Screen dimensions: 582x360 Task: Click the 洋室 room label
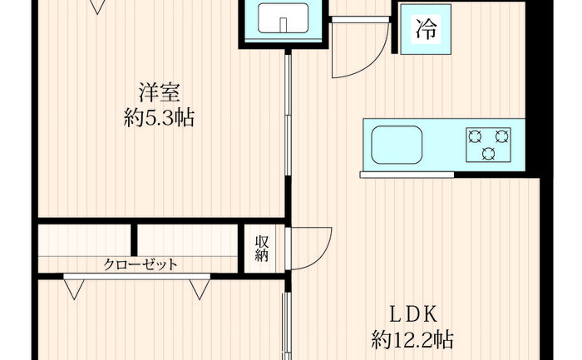tap(160, 93)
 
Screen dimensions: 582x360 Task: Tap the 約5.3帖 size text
tap(159, 118)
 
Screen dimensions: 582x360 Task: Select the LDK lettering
tap(413, 315)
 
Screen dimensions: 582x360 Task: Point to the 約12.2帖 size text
tap(412, 339)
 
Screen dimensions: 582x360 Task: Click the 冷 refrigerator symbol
tap(426, 29)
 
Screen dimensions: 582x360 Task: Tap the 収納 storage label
tap(261, 249)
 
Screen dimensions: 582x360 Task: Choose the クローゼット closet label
tap(141, 264)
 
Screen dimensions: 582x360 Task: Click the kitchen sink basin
tap(397, 145)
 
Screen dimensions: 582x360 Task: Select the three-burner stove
tap(489, 145)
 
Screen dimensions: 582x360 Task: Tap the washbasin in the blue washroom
tap(284, 17)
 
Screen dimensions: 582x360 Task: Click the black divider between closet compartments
tap(135, 239)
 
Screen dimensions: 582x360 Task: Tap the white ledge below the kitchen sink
tap(407, 175)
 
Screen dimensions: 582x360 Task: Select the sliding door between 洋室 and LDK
tap(288, 115)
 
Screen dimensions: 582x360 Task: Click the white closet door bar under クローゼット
tap(136, 277)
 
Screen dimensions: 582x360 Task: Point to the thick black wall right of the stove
tap(534, 86)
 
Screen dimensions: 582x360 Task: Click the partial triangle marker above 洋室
tap(97, 7)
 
